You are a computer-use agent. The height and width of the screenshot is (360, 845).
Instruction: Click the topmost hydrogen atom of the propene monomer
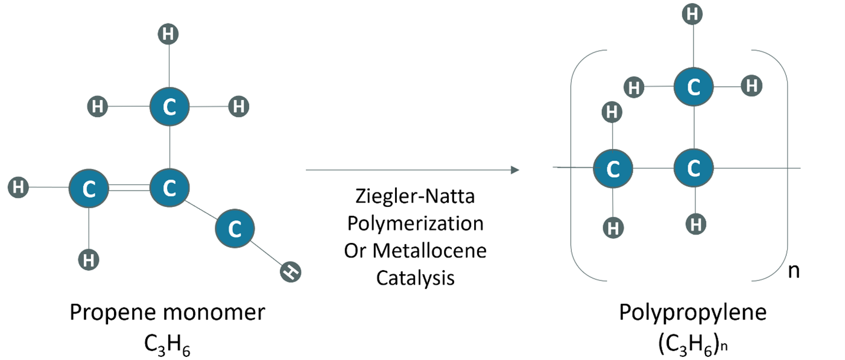coord(168,34)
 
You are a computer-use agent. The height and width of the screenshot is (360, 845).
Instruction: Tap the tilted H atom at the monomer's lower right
coord(291,272)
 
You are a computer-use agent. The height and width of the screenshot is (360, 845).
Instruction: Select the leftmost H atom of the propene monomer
coord(18,187)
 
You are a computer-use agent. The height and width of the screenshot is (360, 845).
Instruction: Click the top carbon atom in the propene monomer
coord(169,107)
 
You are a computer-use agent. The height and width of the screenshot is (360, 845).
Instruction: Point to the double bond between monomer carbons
coord(130,188)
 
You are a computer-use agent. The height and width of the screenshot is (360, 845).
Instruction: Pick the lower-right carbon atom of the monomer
coord(235,229)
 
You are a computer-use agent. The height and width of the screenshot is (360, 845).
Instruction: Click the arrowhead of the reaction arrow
coord(515,170)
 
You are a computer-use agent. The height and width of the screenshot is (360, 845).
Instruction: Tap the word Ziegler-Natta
coord(415,196)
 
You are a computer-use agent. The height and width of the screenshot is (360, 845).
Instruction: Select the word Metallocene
coord(429,251)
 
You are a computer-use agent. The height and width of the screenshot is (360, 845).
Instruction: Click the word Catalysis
coord(416,278)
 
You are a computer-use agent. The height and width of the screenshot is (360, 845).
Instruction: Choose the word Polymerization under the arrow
coord(416,224)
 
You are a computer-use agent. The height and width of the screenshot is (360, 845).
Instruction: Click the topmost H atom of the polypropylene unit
coord(692,14)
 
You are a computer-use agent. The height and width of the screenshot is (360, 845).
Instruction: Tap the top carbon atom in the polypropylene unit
coord(694,87)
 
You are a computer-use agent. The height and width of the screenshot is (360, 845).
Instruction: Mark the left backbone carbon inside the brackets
coord(613,168)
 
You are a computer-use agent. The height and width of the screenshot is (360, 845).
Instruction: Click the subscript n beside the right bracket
coord(794,271)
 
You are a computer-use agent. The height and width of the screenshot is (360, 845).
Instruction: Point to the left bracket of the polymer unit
coord(571,166)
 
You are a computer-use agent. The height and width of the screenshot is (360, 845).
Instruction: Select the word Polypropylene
coord(692,313)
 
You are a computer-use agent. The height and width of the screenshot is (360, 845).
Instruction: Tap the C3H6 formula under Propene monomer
coord(166,345)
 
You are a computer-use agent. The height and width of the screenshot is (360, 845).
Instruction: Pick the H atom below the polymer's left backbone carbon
coord(613,228)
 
